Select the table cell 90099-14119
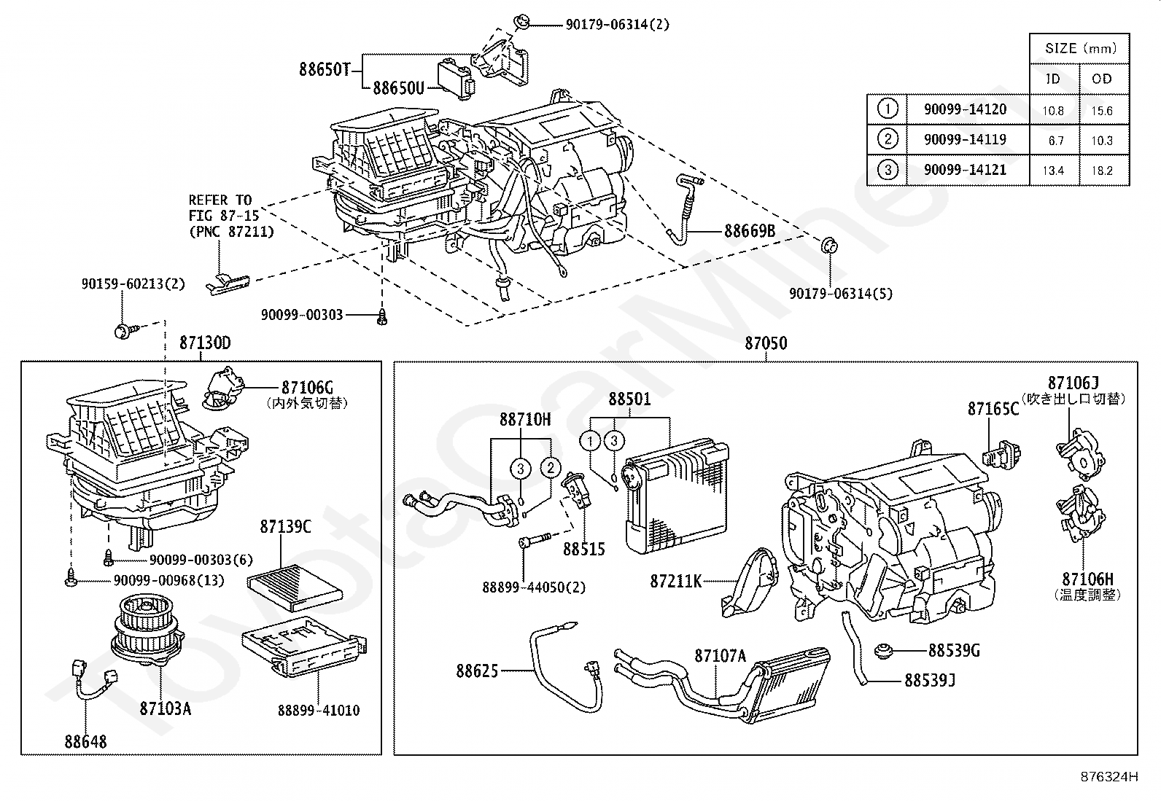click(965, 139)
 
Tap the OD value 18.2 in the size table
click(1102, 171)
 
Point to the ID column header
click(1052, 79)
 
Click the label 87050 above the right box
click(766, 343)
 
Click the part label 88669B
click(749, 232)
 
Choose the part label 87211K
click(676, 581)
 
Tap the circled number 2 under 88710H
click(551, 467)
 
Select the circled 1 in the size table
click(887, 109)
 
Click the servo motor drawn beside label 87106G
click(221, 387)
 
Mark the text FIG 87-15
click(220, 216)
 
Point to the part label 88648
click(85, 742)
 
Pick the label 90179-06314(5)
click(840, 294)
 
